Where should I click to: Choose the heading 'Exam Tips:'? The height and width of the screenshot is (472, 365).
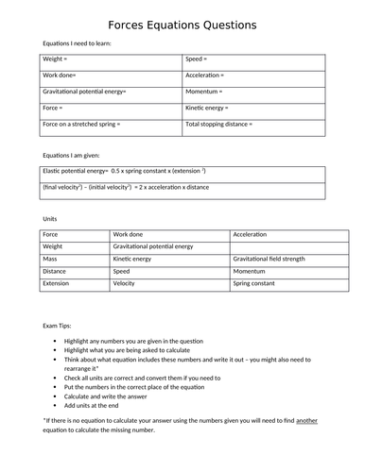coord(59,324)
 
